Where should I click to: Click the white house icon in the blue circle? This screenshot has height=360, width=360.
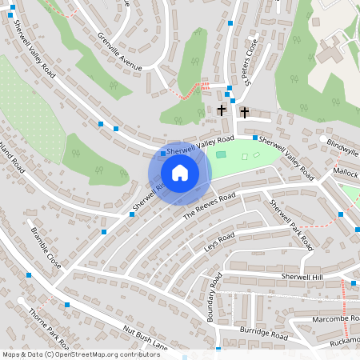coord(180,173)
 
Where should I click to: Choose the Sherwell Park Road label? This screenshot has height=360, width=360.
coord(291,222)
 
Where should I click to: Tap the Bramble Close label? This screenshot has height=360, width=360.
coord(46,247)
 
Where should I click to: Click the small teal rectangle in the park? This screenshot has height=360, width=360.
coord(221,154)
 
